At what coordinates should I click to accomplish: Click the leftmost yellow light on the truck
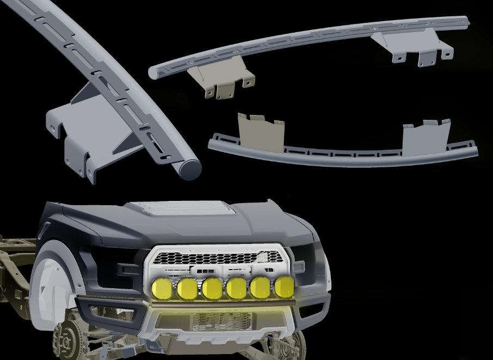pyautogui.click(x=162, y=288)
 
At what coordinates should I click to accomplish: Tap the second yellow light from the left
pyautogui.click(x=187, y=288)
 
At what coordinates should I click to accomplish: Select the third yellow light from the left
pyautogui.click(x=212, y=288)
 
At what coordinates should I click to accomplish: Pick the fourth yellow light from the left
pyautogui.click(x=236, y=288)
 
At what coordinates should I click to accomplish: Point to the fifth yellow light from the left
pyautogui.click(x=260, y=288)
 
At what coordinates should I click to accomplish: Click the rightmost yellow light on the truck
pyautogui.click(x=284, y=286)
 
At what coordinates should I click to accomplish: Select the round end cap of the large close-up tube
pyautogui.click(x=189, y=169)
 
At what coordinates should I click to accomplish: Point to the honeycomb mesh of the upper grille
pyautogui.click(x=218, y=258)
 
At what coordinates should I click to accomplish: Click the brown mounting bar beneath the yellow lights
pyautogui.click(x=223, y=302)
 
